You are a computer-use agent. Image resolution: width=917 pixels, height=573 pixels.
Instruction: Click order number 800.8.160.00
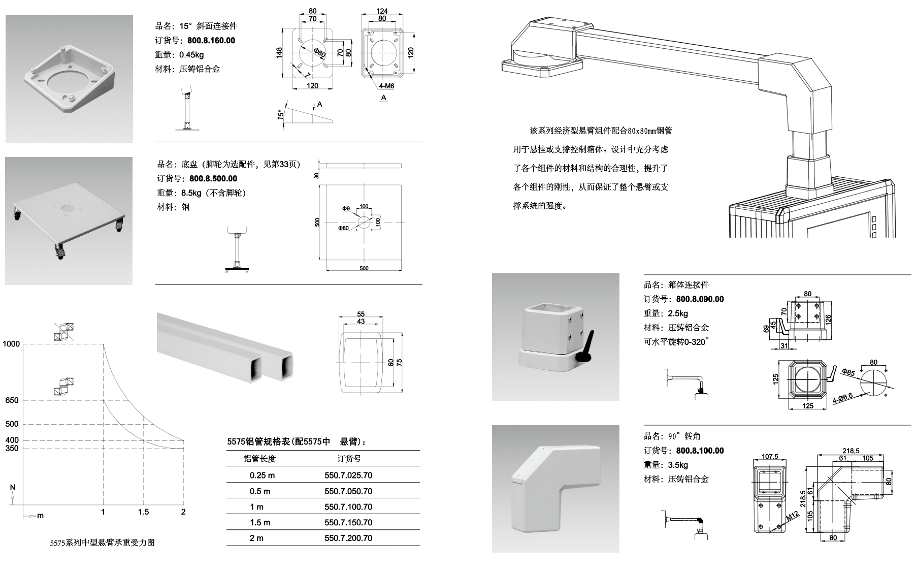(x=211, y=41)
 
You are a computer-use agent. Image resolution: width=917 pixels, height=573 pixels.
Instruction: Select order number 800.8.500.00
(x=213, y=179)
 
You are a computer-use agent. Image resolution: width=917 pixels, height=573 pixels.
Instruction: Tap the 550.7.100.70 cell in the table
(x=348, y=507)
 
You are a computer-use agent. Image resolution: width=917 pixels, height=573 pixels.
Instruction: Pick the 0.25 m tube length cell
(x=262, y=475)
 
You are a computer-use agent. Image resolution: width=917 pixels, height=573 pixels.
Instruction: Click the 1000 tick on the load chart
(x=11, y=344)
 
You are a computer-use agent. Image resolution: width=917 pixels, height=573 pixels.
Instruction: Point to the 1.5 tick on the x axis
(x=144, y=512)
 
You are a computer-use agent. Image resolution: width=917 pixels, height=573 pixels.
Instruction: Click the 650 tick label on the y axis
(x=11, y=400)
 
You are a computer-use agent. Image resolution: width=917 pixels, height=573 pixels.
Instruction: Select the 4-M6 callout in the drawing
(x=386, y=86)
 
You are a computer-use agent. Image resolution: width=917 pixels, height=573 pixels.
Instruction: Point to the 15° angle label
(x=280, y=116)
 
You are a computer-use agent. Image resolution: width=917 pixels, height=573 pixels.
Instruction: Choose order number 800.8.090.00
(x=700, y=299)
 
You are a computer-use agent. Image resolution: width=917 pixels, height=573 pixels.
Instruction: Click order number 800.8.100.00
(x=700, y=451)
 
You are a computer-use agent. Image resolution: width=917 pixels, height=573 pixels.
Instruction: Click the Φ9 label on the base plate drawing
(x=346, y=209)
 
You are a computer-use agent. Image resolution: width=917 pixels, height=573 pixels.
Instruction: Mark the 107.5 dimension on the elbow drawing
(x=770, y=457)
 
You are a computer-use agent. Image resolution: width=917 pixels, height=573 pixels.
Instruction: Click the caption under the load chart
(x=102, y=543)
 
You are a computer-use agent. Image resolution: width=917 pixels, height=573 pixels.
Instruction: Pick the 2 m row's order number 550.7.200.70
(x=348, y=538)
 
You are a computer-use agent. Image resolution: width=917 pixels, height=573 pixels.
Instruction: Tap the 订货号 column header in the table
(x=349, y=459)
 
